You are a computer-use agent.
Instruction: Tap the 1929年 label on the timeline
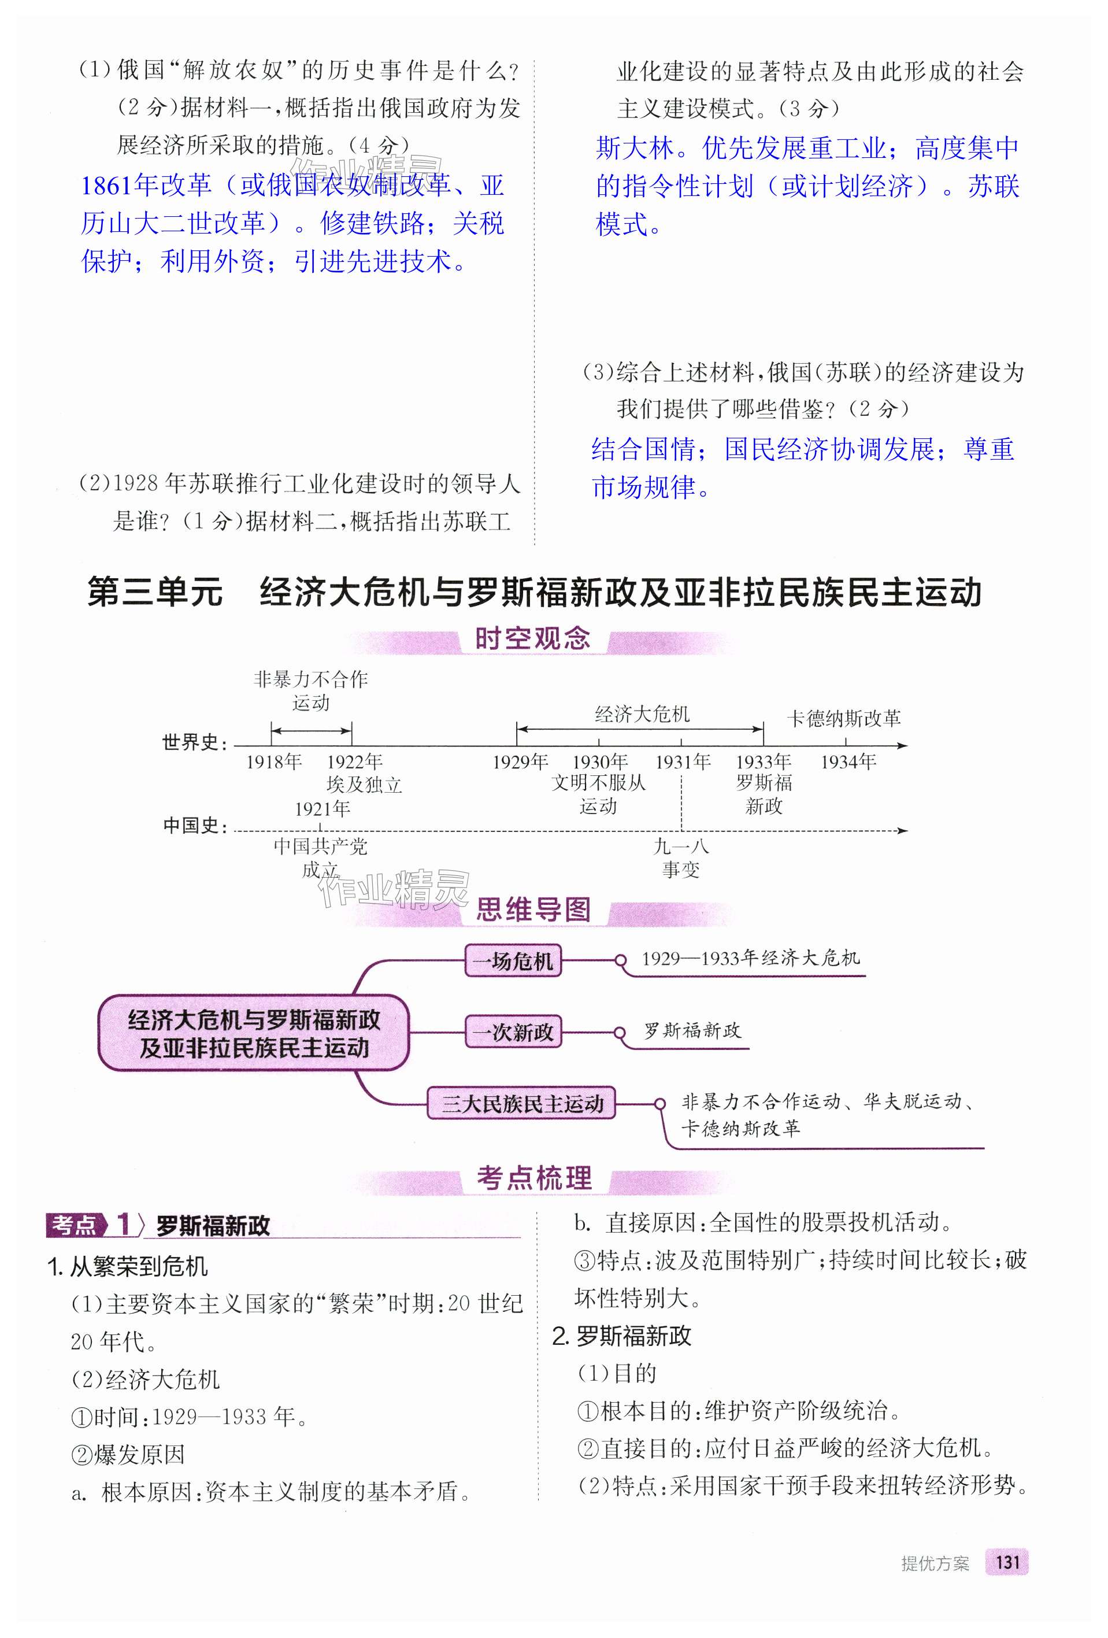pyautogui.click(x=520, y=762)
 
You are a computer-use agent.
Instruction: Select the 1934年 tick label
pyautogui.click(x=848, y=762)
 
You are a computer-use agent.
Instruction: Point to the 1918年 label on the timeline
pyautogui.click(x=274, y=762)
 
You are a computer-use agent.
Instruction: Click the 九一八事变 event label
pyautogui.click(x=680, y=858)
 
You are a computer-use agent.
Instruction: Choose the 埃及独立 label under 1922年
pyautogui.click(x=364, y=785)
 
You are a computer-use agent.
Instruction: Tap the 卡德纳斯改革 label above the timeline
pyautogui.click(x=844, y=718)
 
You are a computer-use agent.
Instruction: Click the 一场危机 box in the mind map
pyautogui.click(x=513, y=961)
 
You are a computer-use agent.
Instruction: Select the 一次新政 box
pyautogui.click(x=513, y=1033)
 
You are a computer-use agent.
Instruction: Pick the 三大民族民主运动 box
pyautogui.click(x=521, y=1104)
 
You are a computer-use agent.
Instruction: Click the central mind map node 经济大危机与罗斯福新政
pyautogui.click(x=254, y=1033)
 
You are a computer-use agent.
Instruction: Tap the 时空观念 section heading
pyautogui.click(x=532, y=638)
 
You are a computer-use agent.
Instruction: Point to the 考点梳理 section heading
pyautogui.click(x=534, y=1178)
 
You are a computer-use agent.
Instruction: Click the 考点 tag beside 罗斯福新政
pyautogui.click(x=75, y=1225)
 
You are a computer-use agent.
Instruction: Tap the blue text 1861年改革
pyautogui.click(x=146, y=186)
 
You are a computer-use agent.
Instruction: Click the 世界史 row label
pyautogui.click(x=194, y=742)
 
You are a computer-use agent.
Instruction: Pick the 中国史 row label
pyautogui.click(x=194, y=825)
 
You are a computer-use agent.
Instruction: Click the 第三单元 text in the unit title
pyautogui.click(x=155, y=592)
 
